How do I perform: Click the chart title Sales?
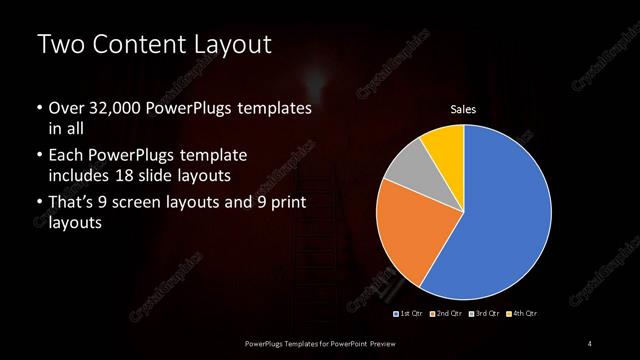pyautogui.click(x=463, y=109)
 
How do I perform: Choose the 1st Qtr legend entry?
pyautogui.click(x=409, y=315)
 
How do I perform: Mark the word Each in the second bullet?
pyautogui.click(x=66, y=157)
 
